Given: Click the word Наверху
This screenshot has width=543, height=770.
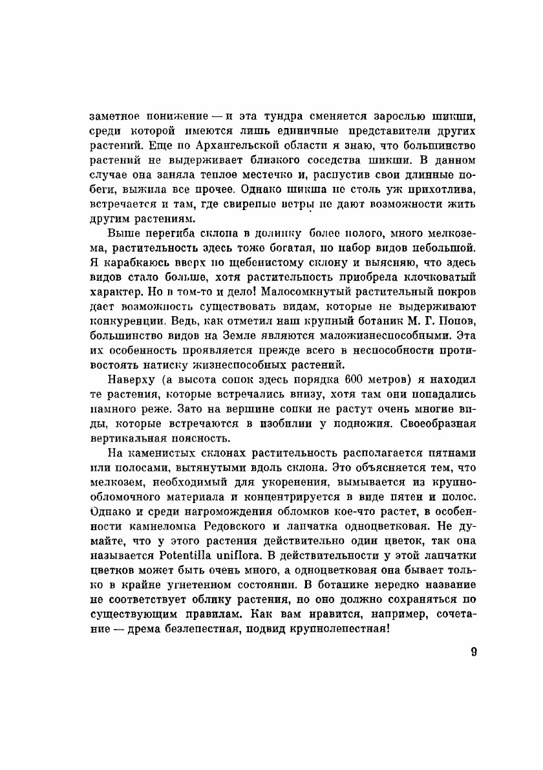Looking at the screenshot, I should coord(129,379).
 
